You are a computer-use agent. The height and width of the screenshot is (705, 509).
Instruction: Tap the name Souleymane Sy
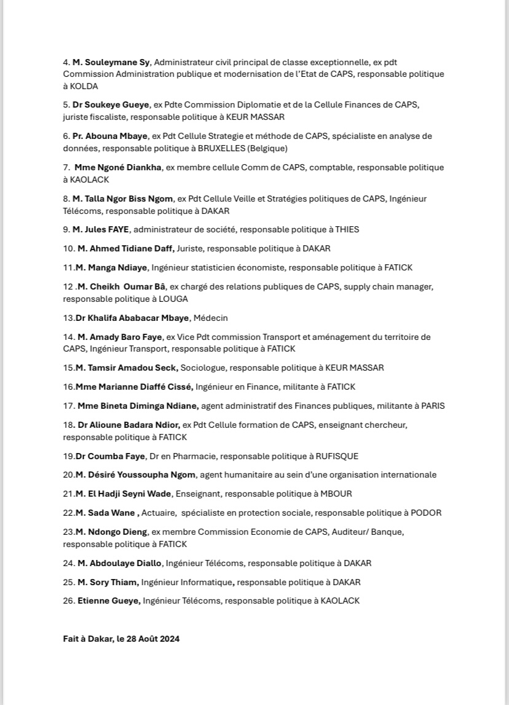pos(112,62)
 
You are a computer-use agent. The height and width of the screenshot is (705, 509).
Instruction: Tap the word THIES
pos(347,229)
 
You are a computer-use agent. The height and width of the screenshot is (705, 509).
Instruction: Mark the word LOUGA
pos(173,299)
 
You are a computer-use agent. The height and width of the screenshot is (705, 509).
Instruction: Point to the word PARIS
pos(432,406)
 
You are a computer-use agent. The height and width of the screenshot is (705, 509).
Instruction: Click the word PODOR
pos(427,513)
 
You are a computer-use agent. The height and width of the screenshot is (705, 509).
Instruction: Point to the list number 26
pos(68,601)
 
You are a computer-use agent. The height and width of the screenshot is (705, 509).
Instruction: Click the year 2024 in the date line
pos(169,639)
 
